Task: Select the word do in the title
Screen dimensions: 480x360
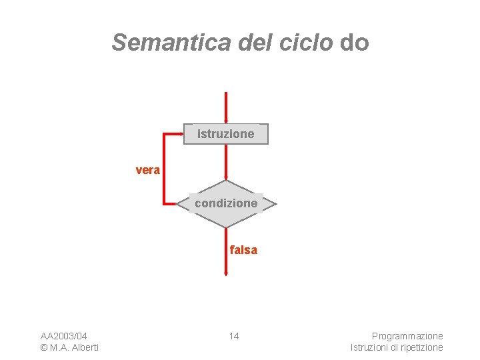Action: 354,42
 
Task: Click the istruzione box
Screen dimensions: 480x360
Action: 226,134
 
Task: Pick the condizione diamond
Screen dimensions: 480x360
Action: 226,203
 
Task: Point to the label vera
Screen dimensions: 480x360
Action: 147,170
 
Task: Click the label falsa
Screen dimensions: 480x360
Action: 243,250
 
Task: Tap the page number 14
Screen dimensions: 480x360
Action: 234,335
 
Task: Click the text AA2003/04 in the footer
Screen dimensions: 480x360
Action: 64,335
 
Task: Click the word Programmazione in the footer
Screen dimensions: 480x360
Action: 407,335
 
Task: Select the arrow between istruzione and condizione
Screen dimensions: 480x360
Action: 226,162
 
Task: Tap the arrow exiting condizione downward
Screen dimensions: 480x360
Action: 226,253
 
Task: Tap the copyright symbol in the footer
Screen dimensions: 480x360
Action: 43,347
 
